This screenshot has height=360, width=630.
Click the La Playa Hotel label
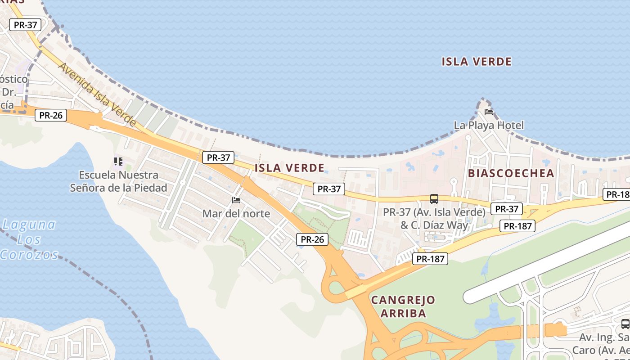[489, 125]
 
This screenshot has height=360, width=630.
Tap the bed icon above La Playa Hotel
[489, 112]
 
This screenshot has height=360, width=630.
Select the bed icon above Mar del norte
[236, 200]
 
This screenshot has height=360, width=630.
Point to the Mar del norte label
[236, 213]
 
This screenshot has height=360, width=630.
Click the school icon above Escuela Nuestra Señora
[118, 161]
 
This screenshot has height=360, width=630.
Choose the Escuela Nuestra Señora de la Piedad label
[118, 181]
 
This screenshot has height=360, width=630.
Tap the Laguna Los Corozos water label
[29, 239]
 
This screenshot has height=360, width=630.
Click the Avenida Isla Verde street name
[97, 94]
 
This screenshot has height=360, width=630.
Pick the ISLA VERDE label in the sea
[477, 62]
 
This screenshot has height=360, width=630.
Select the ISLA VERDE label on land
[289, 168]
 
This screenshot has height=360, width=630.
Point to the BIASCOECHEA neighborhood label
[511, 173]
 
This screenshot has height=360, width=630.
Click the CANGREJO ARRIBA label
[403, 306]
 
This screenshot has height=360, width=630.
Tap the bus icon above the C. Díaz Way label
[434, 199]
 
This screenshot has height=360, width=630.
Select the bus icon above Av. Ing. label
[625, 324]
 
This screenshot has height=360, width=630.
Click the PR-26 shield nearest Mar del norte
[312, 239]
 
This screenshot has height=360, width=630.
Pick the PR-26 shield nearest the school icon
[51, 115]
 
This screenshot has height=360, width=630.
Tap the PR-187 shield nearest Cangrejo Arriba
[431, 259]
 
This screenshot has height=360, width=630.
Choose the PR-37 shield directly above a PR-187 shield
[507, 209]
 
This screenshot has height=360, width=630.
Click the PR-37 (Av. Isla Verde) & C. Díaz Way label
[434, 218]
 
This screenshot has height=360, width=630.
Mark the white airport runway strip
[544, 265]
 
